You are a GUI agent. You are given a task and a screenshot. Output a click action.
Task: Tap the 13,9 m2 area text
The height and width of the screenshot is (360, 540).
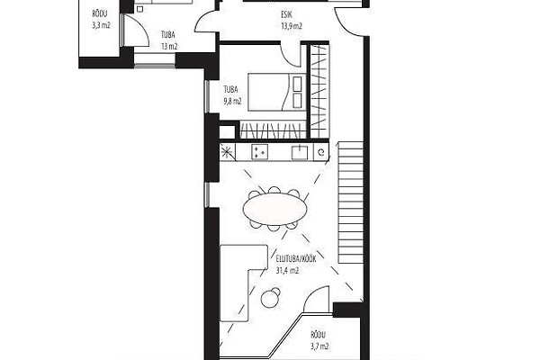tap(292, 26)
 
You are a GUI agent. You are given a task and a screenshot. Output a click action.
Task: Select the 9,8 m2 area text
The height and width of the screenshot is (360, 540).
tap(232, 101)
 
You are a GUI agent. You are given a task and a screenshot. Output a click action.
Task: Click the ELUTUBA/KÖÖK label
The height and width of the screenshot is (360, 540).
tap(296, 258)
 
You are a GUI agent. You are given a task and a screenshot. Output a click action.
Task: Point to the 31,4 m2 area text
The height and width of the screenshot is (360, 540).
tap(287, 270)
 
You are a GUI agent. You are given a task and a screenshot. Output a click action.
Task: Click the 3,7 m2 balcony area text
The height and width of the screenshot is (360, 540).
tap(319, 346)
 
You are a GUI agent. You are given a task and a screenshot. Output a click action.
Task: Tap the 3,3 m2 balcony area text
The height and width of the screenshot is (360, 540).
tap(101, 25)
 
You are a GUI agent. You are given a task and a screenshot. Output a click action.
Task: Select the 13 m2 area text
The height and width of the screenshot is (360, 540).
tap(169, 46)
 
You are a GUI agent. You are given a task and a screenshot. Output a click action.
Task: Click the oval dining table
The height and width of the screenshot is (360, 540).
tap(274, 209)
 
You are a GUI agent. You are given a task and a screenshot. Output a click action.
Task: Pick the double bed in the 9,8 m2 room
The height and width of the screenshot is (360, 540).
tap(277, 92)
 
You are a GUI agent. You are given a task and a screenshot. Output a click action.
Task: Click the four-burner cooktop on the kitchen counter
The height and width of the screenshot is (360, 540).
tap(260, 152)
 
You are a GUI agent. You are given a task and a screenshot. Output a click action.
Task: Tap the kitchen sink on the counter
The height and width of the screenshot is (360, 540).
tap(300, 152)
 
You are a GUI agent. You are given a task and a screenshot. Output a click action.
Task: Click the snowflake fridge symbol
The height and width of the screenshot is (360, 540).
tap(227, 151)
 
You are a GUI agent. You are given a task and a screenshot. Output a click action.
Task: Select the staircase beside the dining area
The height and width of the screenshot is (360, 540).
tap(351, 202)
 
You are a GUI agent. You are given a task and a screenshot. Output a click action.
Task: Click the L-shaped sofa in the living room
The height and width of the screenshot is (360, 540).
tap(242, 283)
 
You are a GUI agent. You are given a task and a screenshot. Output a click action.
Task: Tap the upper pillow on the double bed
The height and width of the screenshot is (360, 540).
tap(297, 84)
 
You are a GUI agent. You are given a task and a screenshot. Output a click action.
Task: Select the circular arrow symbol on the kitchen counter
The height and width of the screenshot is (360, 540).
tap(321, 152)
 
